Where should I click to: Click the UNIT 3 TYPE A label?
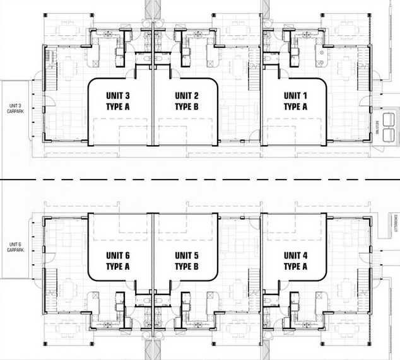pos(118,101)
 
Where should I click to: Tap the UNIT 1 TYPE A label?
pos(295,101)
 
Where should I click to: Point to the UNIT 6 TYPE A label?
pos(118,260)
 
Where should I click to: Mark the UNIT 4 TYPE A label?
pos(295,260)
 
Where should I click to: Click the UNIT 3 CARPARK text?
pos(15,108)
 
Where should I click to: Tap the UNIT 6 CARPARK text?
pos(15,247)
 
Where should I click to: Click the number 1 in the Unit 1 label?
pos(307,96)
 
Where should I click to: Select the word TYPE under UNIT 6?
pos(115,266)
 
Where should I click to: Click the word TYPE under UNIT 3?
pos(115,107)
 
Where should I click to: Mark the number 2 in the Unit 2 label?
pos(198,96)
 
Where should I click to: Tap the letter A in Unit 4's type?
pos(305,266)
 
